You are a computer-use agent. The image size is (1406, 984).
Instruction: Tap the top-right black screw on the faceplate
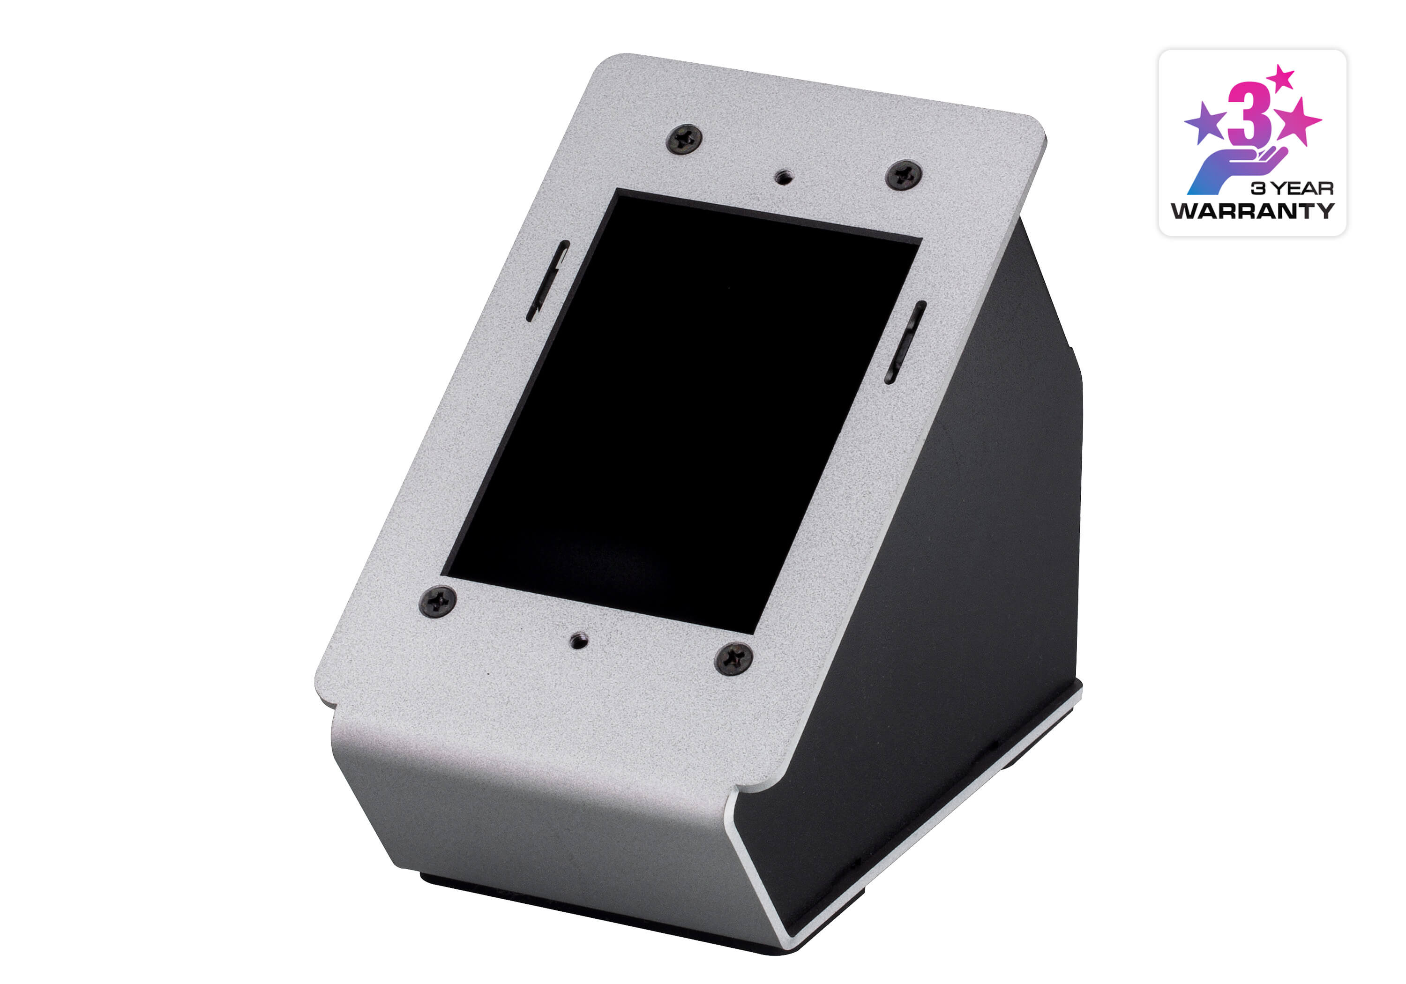904,175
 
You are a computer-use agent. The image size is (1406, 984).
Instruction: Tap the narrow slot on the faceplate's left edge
548,281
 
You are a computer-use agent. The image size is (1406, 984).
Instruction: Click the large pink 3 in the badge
1249,115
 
